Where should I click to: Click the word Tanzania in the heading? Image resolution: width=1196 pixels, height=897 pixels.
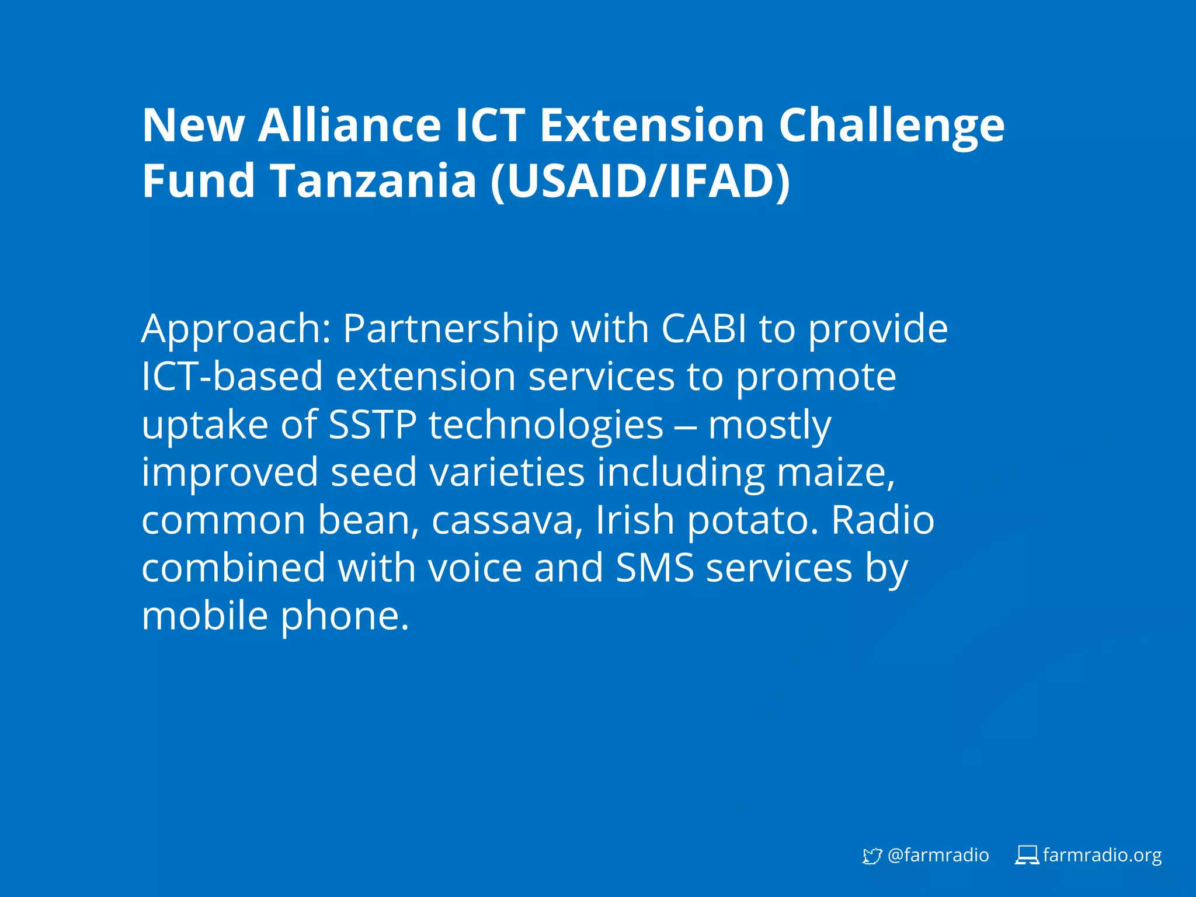pyautogui.click(x=374, y=181)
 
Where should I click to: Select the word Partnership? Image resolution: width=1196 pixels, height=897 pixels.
pyautogui.click(x=450, y=329)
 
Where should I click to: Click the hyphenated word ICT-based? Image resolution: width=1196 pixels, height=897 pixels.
pyautogui.click(x=232, y=376)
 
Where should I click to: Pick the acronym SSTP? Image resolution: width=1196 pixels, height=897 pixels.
pyautogui.click(x=373, y=425)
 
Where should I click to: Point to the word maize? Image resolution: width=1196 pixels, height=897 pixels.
pyautogui.click(x=835, y=472)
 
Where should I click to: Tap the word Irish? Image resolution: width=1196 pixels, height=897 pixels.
pyautogui.click(x=635, y=520)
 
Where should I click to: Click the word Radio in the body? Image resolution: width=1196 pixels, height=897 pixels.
pyautogui.click(x=882, y=520)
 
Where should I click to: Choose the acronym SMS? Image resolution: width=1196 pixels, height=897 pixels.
pyautogui.click(x=655, y=568)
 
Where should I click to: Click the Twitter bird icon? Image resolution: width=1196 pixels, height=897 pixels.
pyautogui.click(x=871, y=856)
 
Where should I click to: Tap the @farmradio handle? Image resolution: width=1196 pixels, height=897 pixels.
pyautogui.click(x=938, y=856)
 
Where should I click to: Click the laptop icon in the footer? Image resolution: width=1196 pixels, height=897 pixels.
pyautogui.click(x=1027, y=856)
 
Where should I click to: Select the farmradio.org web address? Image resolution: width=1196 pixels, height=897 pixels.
pyautogui.click(x=1102, y=856)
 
